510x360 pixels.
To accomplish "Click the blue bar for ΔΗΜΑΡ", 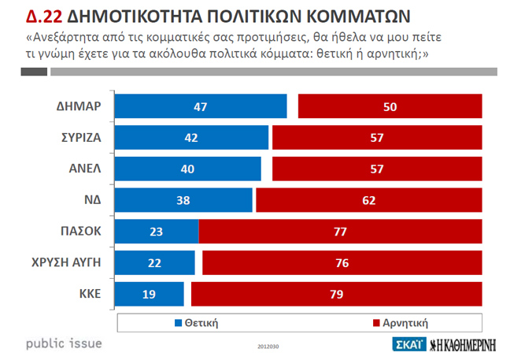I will (x=201, y=106).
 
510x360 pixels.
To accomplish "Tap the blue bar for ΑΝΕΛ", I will (x=188, y=169).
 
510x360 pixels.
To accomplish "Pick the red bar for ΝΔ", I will (x=368, y=200).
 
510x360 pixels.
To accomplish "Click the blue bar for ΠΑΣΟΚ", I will (x=157, y=232).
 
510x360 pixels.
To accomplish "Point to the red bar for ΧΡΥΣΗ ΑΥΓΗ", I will (x=342, y=263).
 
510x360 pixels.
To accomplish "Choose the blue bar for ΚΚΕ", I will (x=150, y=294).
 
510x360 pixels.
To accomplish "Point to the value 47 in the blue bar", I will (x=200, y=106).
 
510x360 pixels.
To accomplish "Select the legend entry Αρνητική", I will (x=401, y=322).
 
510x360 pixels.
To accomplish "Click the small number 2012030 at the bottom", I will (x=268, y=345).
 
